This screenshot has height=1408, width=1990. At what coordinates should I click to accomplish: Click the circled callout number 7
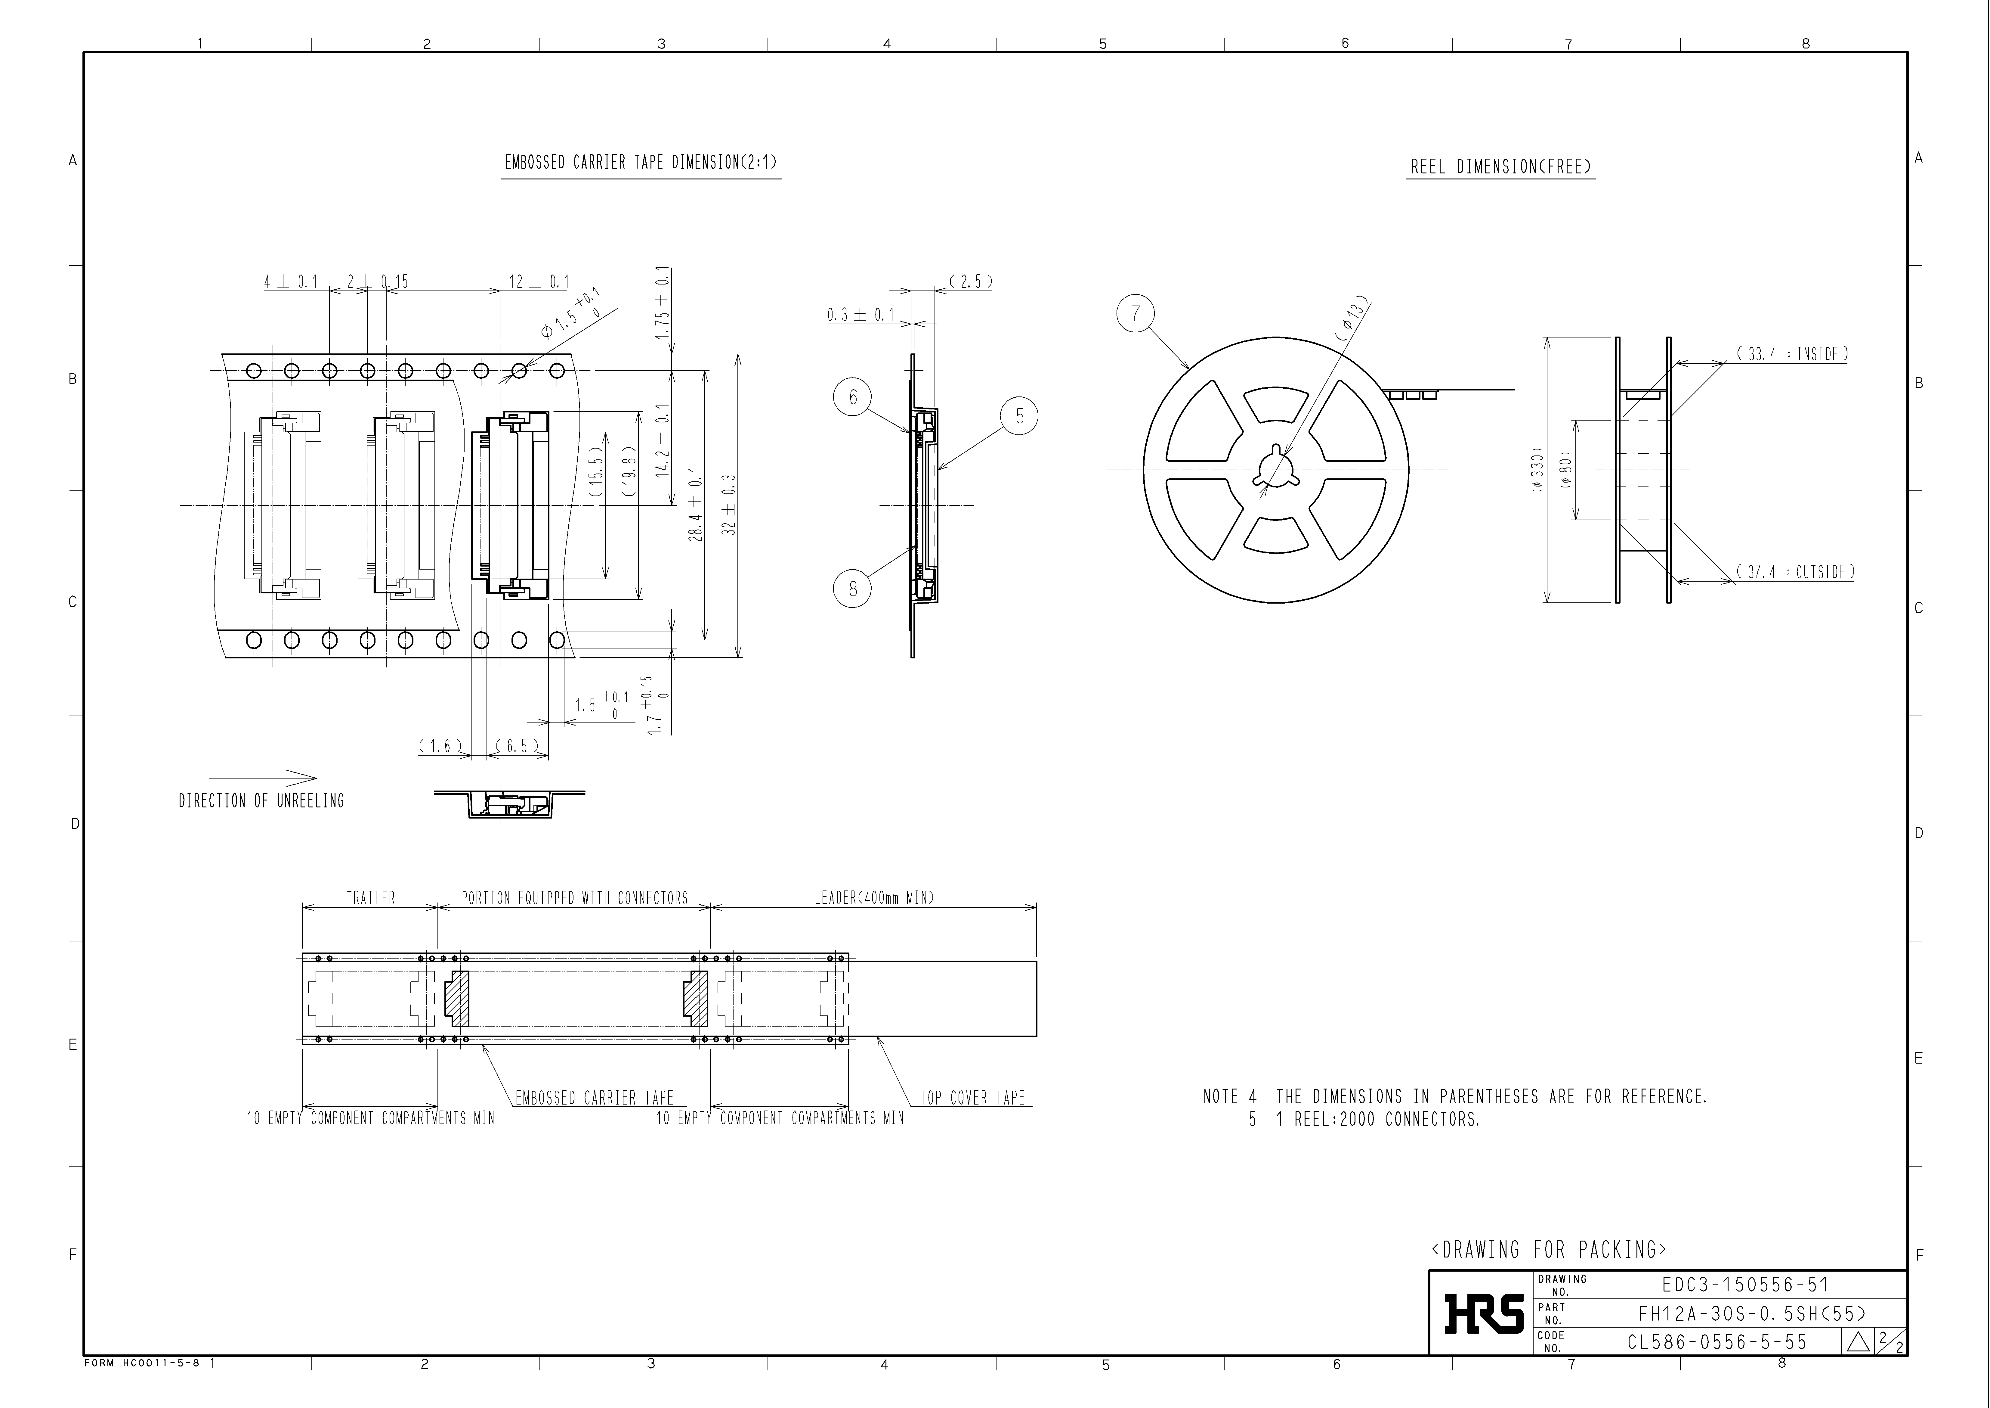pos(1136,313)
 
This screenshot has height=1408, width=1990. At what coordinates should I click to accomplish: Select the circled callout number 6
pos(853,397)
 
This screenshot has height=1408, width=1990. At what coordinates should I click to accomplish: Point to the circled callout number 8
pos(853,589)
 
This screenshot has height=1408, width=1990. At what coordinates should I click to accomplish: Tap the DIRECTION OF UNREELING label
pos(261,801)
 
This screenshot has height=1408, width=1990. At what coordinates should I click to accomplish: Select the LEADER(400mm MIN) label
pos(874,898)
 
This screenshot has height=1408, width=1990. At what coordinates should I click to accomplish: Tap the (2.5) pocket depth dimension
pos(970,282)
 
